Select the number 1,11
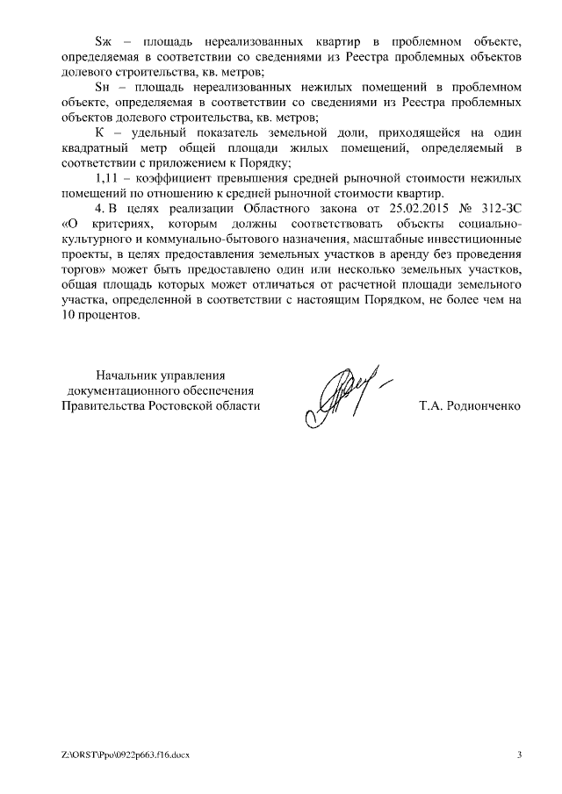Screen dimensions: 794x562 point(106,178)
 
